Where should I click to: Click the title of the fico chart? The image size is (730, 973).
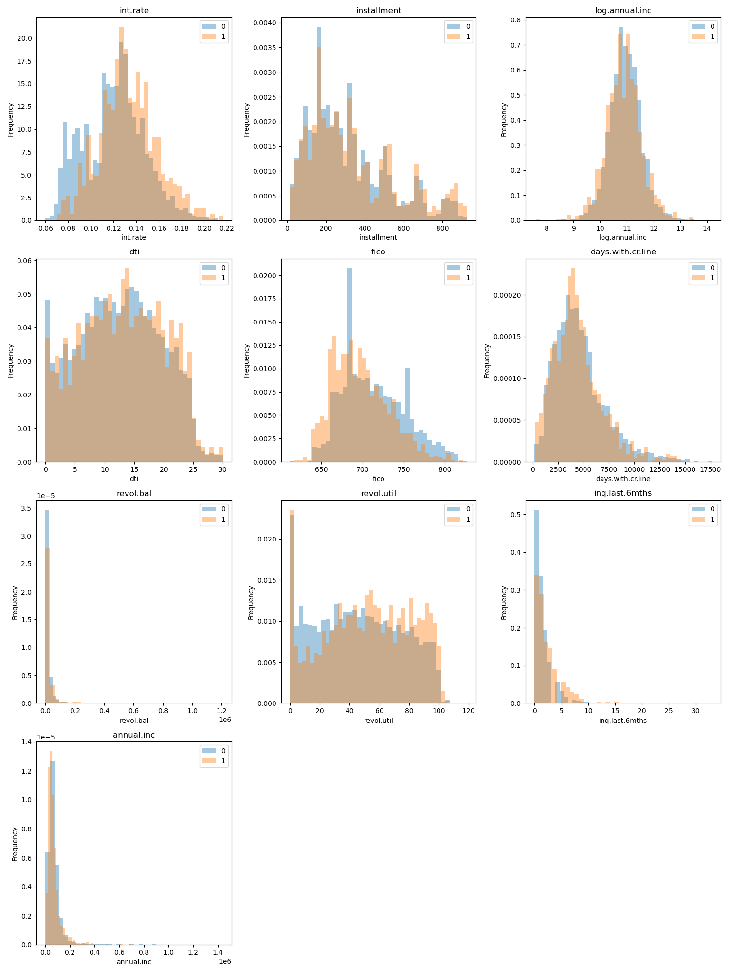pyautogui.click(x=378, y=252)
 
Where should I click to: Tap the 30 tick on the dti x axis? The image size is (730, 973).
pyautogui.click(x=223, y=470)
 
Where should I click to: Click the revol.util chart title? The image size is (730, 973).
pyautogui.click(x=378, y=493)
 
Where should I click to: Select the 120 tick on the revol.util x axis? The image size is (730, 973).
pyautogui.click(x=469, y=711)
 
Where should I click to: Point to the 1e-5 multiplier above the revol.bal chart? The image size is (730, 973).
pyautogui.click(x=46, y=496)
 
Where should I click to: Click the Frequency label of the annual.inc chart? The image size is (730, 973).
pyautogui.click(x=15, y=844)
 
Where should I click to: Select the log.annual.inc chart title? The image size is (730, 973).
pyautogui.click(x=623, y=10)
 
